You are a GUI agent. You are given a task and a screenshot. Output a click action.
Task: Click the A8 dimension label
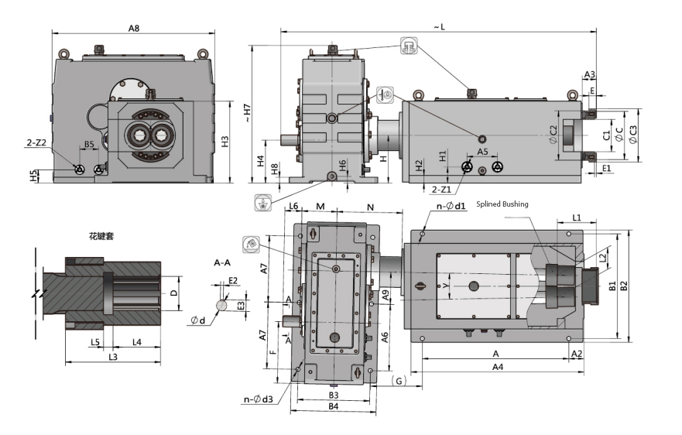pos(134,28)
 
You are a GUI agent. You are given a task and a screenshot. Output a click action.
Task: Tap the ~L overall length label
pos(439,27)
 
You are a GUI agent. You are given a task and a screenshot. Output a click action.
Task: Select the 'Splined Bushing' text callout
pos(502,204)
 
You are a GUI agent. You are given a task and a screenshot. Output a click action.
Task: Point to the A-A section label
pos(222,263)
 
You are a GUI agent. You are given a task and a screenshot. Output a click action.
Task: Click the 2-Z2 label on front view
pos(36,143)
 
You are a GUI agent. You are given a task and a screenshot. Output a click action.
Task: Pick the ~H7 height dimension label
pos(246,113)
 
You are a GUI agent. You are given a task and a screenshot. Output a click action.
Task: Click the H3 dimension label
pos(225,142)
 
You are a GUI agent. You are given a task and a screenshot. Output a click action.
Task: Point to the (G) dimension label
pos(399,380)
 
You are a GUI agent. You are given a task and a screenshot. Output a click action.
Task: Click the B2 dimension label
pos(624,285)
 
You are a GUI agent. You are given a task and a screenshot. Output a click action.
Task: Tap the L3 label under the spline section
pos(113,357)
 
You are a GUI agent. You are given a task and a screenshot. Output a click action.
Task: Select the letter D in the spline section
pos(174,293)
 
